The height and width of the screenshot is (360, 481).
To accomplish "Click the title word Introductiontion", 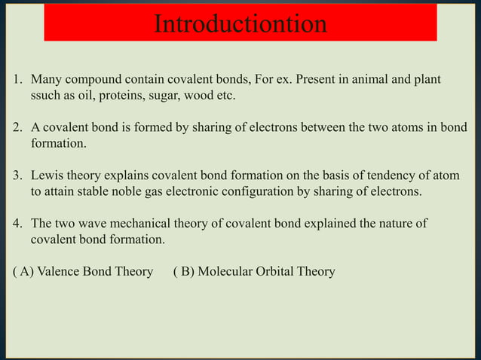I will click(240, 24).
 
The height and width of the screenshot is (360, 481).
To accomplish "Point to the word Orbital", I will click(278, 271).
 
